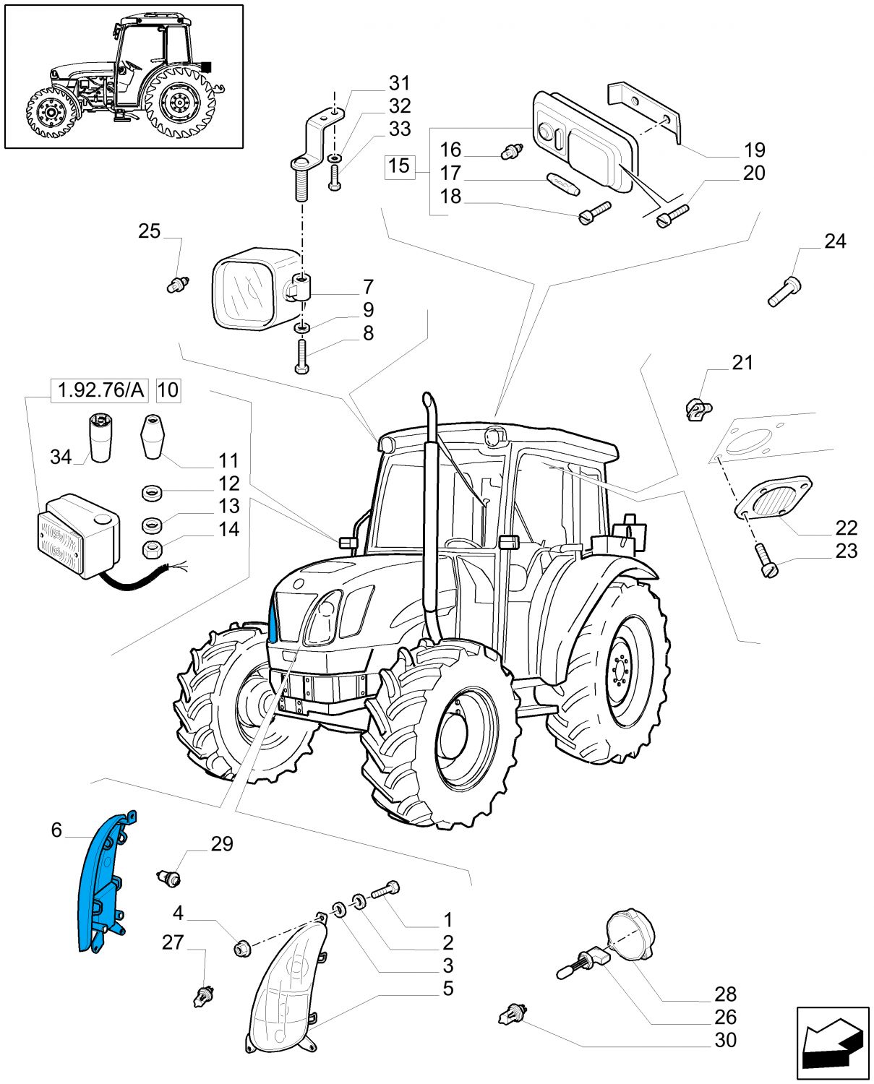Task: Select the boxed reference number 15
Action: click(x=399, y=166)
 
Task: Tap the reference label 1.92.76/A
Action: click(x=100, y=390)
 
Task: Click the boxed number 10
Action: click(x=168, y=390)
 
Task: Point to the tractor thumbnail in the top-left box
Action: click(x=124, y=76)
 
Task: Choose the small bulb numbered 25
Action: click(x=176, y=284)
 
